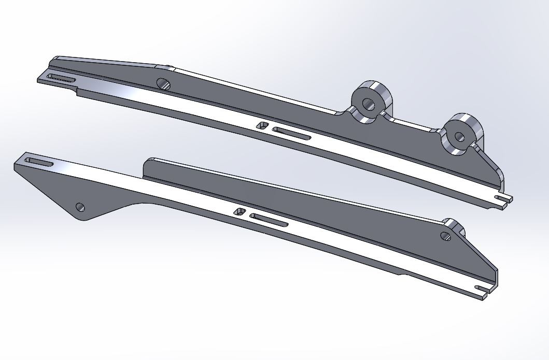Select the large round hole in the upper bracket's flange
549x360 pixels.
(x=164, y=83)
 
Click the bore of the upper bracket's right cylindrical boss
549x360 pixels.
(x=459, y=137)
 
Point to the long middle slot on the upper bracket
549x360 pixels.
(x=291, y=134)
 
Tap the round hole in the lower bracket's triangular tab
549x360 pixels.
(x=80, y=207)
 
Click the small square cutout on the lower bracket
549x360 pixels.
(x=240, y=211)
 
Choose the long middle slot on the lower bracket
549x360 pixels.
(x=269, y=220)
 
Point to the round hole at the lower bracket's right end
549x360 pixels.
(x=445, y=236)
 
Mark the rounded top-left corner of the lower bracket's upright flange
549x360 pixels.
(x=147, y=162)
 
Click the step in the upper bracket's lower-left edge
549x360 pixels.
(x=77, y=92)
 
